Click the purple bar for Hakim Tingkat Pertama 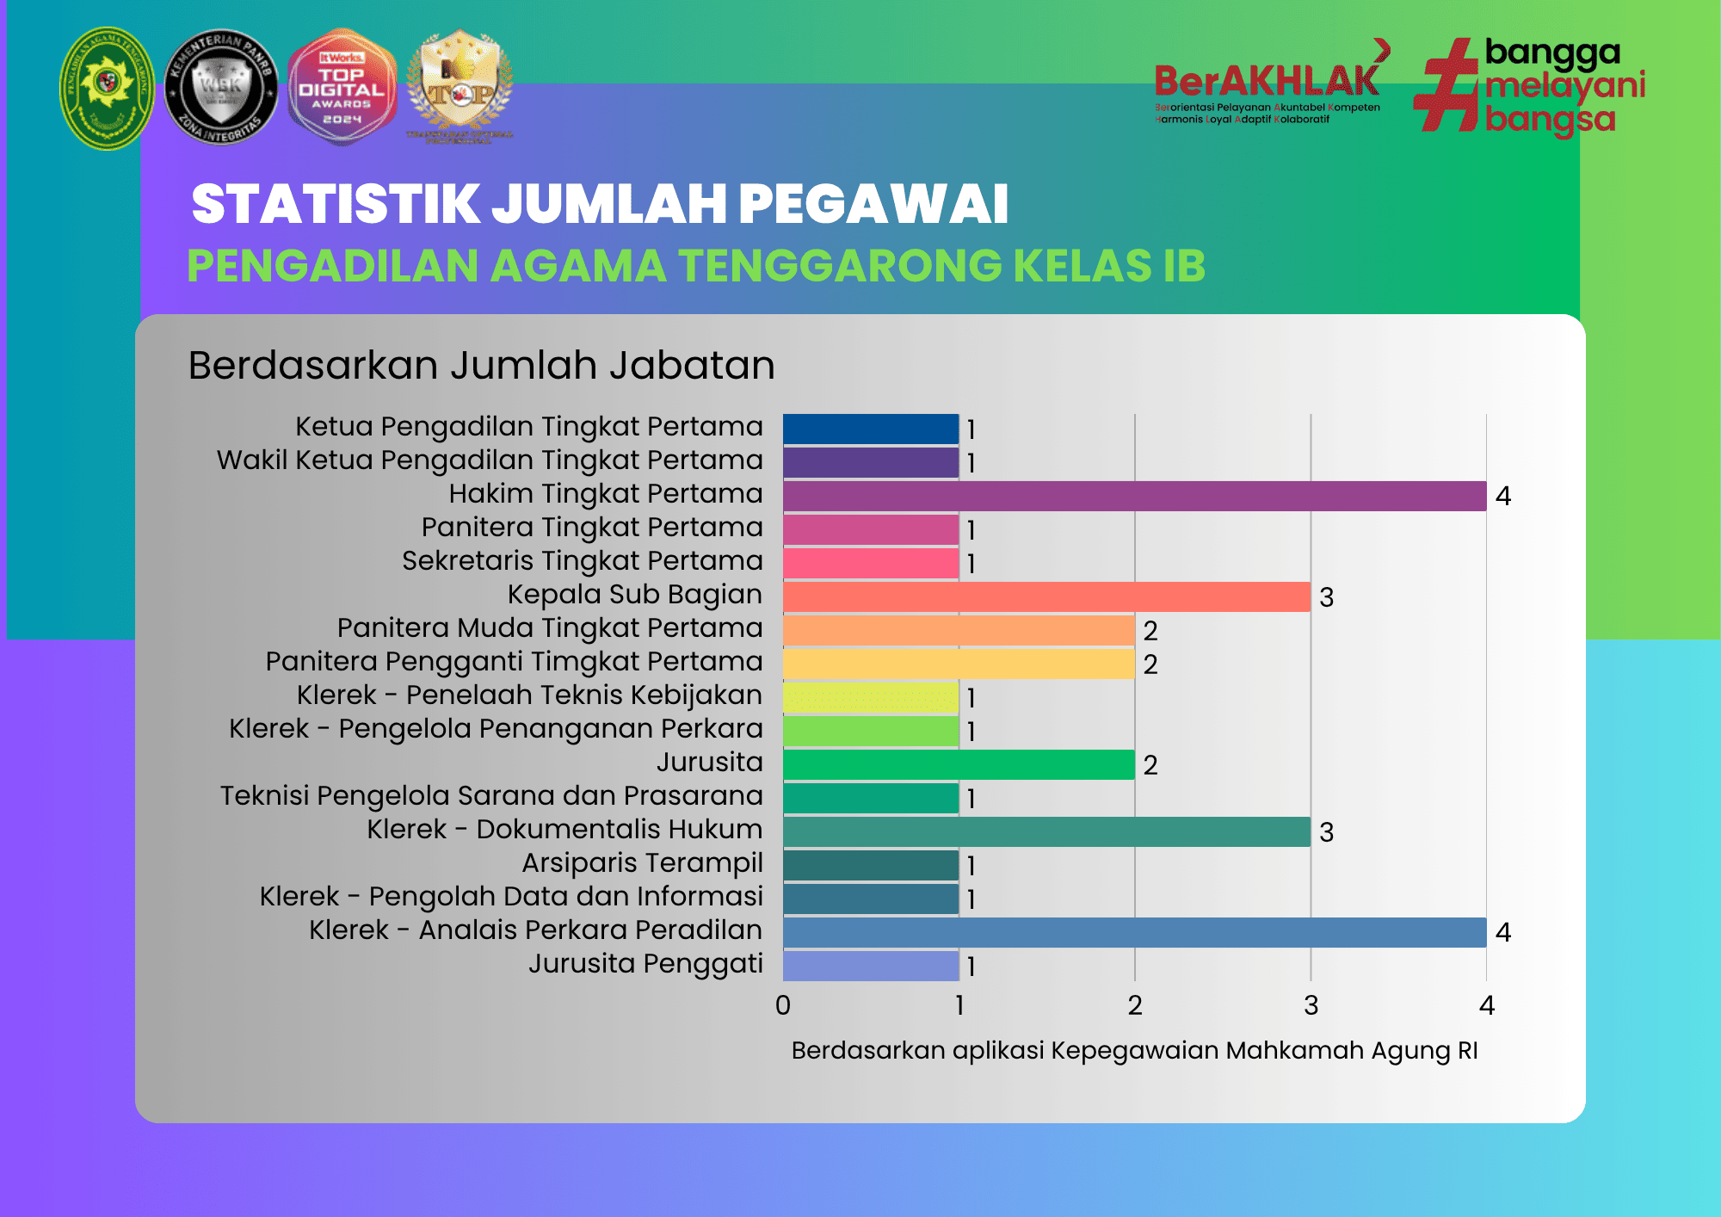[1134, 496]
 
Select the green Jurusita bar [959, 764]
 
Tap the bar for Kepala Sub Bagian [1046, 596]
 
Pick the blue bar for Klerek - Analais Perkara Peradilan [1134, 932]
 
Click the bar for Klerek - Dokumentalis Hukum [1046, 831]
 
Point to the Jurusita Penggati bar [871, 966]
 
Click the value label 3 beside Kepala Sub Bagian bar [1326, 597]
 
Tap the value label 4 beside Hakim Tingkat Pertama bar [1502, 497]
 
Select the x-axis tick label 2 [1135, 1005]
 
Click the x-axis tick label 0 [783, 1005]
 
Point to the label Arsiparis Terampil [642, 862]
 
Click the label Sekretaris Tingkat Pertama [583, 560]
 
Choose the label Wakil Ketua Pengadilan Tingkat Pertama [490, 460]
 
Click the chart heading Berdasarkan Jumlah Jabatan [481, 365]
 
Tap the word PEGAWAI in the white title [873, 204]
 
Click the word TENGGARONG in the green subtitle [840, 265]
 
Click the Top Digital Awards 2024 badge [342, 87]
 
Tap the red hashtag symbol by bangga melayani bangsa [1447, 85]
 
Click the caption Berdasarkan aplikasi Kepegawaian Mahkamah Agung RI [1134, 1050]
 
